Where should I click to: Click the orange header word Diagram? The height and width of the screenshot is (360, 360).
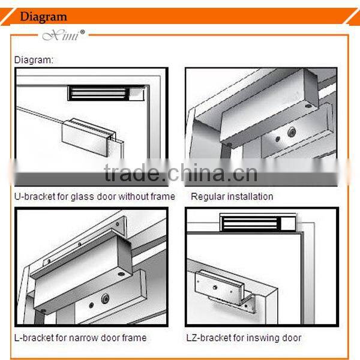pyautogui.click(x=43, y=16)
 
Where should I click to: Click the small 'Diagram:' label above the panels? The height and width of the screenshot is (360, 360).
pyautogui.click(x=34, y=60)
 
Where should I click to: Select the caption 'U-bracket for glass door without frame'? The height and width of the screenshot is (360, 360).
pyautogui.click(x=95, y=196)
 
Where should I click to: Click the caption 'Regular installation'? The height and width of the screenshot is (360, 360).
pyautogui.click(x=232, y=196)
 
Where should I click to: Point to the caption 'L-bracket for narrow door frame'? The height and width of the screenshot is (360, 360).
pyautogui.click(x=80, y=338)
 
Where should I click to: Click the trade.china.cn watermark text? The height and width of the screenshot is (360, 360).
pyautogui.click(x=180, y=173)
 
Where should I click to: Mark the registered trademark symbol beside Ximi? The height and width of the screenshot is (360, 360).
pyautogui.click(x=83, y=32)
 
